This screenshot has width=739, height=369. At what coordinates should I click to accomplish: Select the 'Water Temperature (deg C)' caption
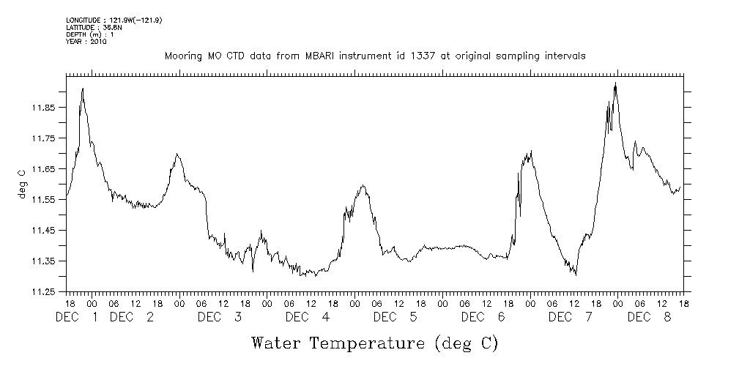(x=374, y=342)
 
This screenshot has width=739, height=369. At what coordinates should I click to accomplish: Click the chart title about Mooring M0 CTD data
(x=374, y=56)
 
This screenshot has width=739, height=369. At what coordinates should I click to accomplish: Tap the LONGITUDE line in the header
(x=114, y=20)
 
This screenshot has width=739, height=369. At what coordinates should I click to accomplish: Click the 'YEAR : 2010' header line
(x=86, y=42)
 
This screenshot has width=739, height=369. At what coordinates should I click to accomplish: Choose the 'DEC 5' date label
(x=396, y=317)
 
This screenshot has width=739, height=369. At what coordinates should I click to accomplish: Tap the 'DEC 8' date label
(x=650, y=317)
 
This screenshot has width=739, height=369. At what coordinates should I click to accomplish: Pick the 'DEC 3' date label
(x=219, y=317)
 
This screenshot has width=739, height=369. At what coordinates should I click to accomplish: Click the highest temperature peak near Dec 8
(x=615, y=83)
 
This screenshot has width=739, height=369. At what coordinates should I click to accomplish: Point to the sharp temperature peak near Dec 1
(x=83, y=89)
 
